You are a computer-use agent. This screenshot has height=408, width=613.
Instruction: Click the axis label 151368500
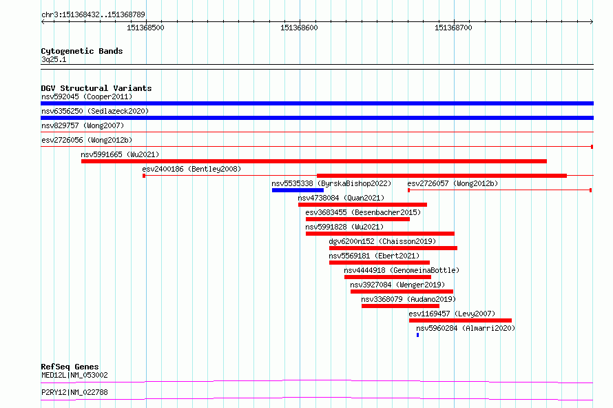click(145, 28)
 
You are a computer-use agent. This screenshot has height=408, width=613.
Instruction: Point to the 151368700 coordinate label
click(453, 28)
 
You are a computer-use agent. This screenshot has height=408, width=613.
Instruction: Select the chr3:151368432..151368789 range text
click(93, 14)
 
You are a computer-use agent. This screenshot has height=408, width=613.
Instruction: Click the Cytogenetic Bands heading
click(82, 51)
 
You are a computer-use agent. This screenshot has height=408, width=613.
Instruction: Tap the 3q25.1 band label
click(54, 59)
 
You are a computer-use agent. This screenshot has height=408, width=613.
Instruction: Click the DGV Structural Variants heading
click(96, 88)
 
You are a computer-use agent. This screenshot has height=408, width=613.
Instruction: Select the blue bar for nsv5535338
click(298, 190)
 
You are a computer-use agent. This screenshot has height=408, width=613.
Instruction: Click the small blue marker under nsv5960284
click(417, 335)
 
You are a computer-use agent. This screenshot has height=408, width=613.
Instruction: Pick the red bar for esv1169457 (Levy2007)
click(460, 320)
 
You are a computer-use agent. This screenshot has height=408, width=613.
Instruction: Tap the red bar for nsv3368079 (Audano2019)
click(400, 306)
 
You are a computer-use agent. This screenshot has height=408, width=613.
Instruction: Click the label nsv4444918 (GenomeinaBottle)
click(402, 270)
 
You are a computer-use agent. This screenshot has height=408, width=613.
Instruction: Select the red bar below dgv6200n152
click(393, 248)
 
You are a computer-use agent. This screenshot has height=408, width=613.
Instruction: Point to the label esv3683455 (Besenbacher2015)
click(363, 212)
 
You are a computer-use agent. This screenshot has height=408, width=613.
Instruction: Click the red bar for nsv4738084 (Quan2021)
click(362, 205)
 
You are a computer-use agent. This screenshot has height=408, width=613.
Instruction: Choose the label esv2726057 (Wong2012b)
click(453, 183)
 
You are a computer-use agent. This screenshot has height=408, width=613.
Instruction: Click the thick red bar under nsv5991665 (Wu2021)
click(314, 161)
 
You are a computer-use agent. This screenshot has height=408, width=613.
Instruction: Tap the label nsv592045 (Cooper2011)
click(87, 96)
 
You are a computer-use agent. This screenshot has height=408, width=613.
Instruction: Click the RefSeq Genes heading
click(70, 367)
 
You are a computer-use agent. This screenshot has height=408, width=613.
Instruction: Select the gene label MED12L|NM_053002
click(74, 375)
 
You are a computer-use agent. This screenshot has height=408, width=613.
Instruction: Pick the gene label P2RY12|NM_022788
click(74, 392)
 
